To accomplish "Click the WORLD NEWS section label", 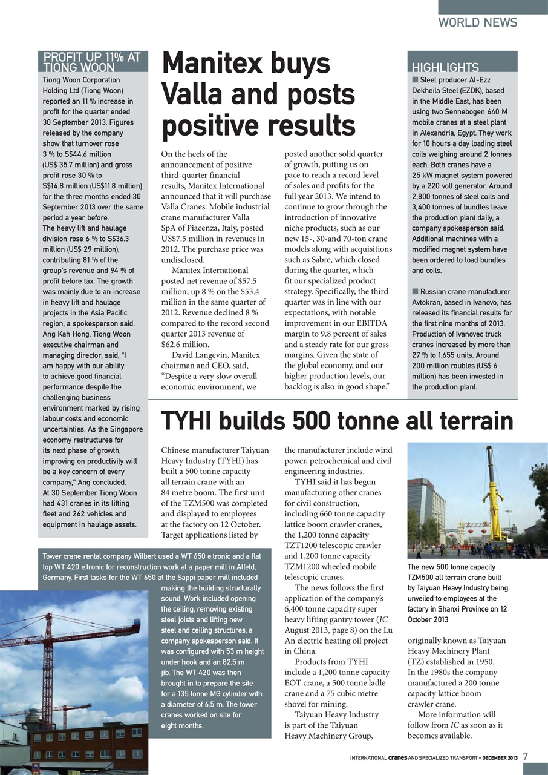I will coord(477,22).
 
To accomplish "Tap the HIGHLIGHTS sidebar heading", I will coord(445,67).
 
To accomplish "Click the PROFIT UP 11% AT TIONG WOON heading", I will coord(92,62).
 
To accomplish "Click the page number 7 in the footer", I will coord(526,757).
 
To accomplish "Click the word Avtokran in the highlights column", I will coord(432,302).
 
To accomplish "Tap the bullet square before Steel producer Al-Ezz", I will coord(415,80).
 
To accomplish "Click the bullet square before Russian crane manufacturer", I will coord(415,292).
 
